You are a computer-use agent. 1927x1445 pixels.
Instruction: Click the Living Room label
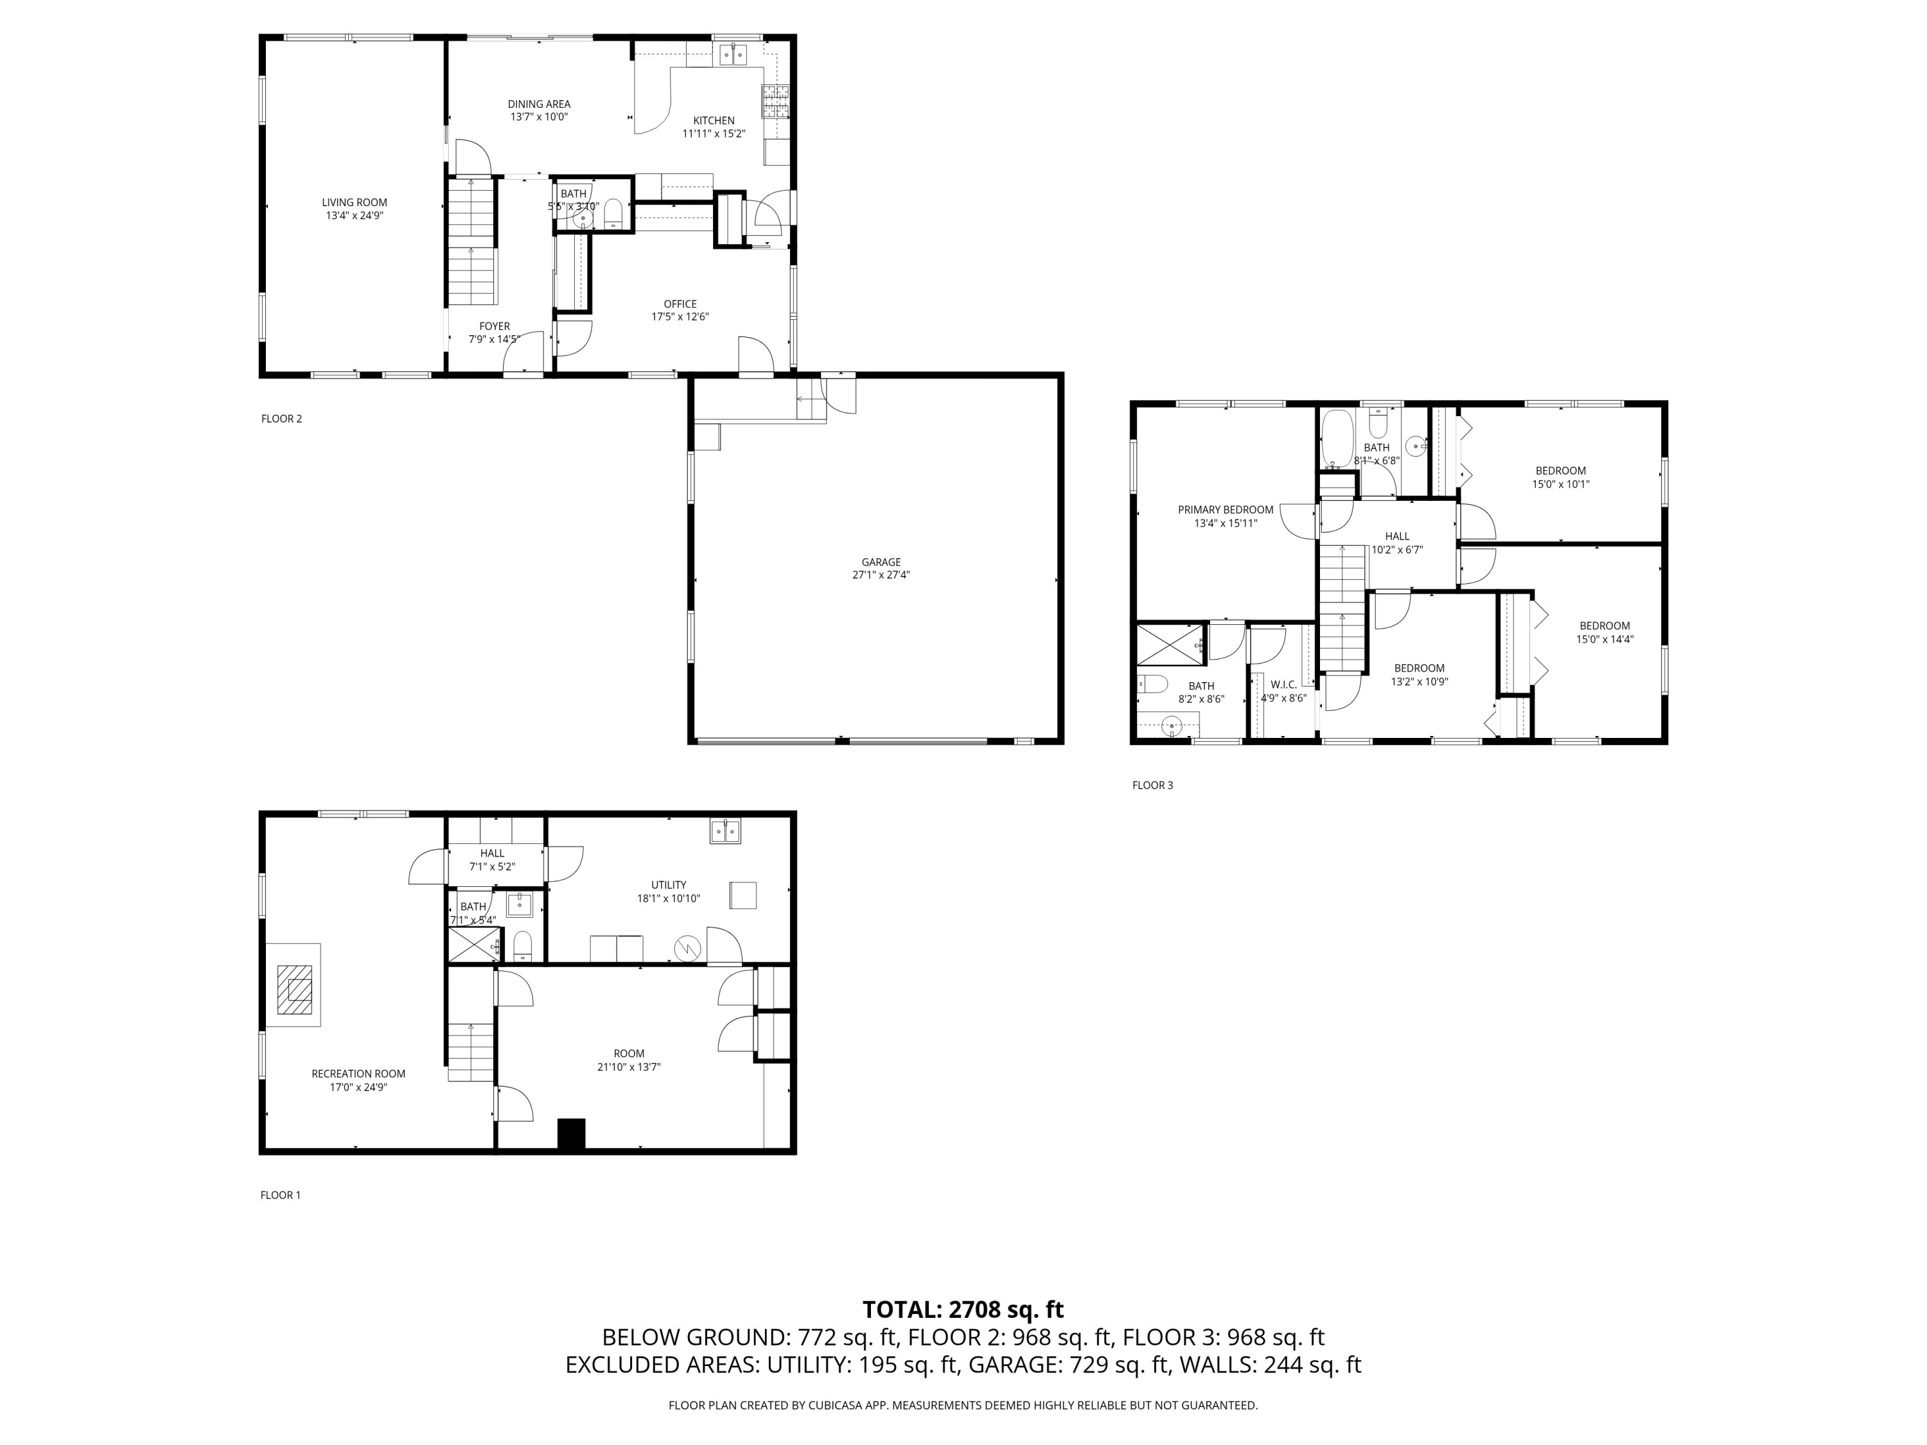point(354,203)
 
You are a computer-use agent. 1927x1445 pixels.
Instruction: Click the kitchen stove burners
point(775,102)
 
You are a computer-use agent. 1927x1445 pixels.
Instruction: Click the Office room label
point(680,305)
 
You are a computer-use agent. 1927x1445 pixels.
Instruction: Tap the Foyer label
point(494,327)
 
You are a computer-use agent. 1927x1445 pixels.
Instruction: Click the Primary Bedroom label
point(1225,511)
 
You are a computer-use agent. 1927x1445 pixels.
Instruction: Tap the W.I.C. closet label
point(1283,685)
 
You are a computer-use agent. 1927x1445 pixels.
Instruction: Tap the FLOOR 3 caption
point(1152,785)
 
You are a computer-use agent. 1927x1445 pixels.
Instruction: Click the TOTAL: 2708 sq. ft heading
point(963,1309)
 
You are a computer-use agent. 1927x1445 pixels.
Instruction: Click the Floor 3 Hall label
point(1396,536)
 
